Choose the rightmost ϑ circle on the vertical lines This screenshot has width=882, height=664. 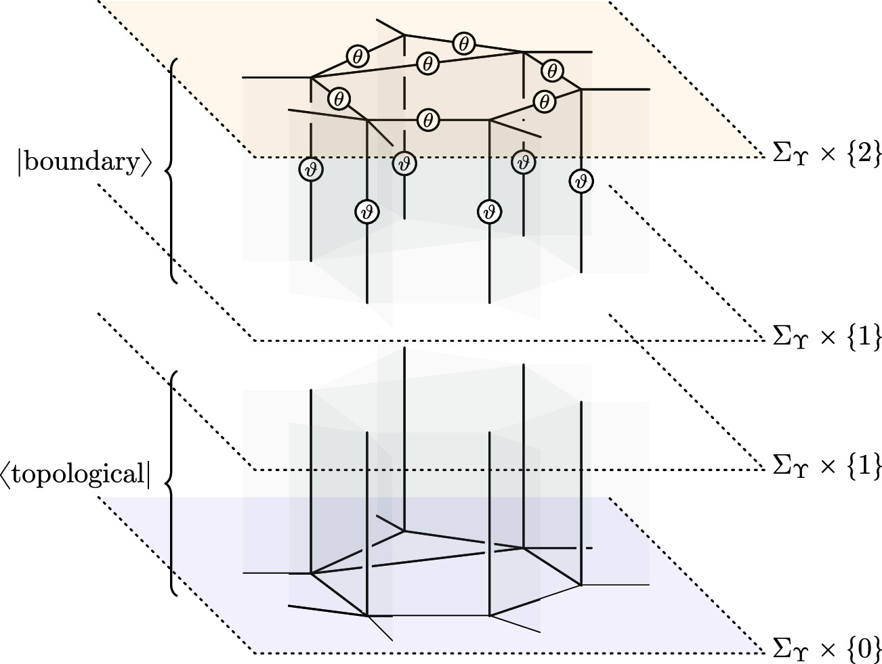click(581, 181)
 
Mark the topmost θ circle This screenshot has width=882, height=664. click(463, 43)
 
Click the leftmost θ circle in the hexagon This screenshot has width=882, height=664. click(339, 99)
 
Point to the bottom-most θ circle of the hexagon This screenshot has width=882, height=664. click(427, 120)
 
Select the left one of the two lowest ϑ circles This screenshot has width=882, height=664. click(366, 211)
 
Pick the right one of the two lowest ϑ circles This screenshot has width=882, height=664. click(488, 211)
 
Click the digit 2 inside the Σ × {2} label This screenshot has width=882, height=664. click(862, 156)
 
